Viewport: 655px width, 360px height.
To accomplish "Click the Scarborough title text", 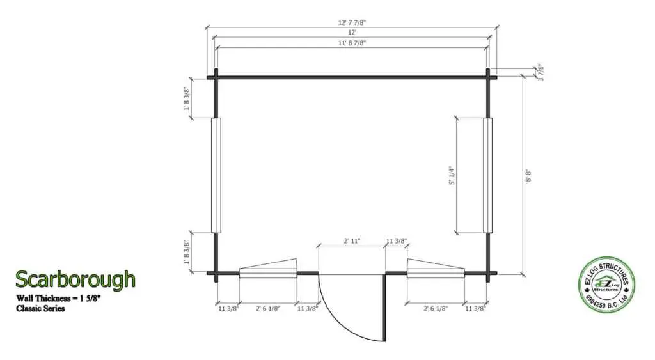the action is (x=75, y=279).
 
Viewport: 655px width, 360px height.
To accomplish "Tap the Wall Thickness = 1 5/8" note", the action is (x=58, y=298).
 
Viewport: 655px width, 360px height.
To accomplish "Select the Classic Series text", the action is (x=40, y=309).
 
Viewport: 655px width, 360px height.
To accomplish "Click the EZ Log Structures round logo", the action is (x=606, y=285).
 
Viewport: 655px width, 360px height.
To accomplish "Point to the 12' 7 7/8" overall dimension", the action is (x=352, y=22).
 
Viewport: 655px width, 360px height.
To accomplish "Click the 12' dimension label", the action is (x=352, y=32).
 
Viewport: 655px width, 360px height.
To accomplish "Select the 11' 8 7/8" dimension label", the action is (x=352, y=43).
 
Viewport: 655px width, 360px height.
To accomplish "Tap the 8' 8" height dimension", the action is (x=528, y=175).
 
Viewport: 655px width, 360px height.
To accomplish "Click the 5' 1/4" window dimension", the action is (x=452, y=175).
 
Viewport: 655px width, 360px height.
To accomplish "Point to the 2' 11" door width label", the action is (x=352, y=241).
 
